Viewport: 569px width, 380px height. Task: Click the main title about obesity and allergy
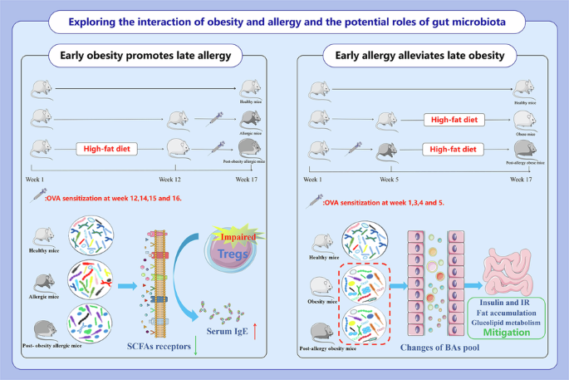coord(284,18)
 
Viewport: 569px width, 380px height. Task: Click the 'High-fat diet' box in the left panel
coord(111,150)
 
